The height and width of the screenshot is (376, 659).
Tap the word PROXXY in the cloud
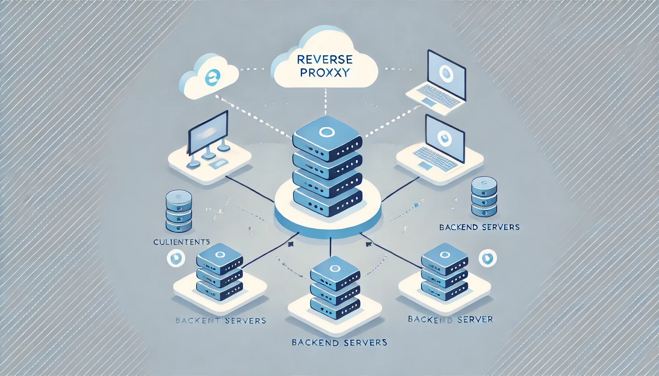(325, 73)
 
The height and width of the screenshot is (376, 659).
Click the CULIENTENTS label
(182, 242)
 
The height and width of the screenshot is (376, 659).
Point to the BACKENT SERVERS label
(220, 320)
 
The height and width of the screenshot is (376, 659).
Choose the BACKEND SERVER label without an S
(450, 319)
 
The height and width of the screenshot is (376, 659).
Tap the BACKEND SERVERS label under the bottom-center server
(339, 342)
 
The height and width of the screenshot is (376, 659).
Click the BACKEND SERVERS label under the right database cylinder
(479, 227)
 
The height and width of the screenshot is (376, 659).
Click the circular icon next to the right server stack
(488, 258)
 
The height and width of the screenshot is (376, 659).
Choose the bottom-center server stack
(335, 288)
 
